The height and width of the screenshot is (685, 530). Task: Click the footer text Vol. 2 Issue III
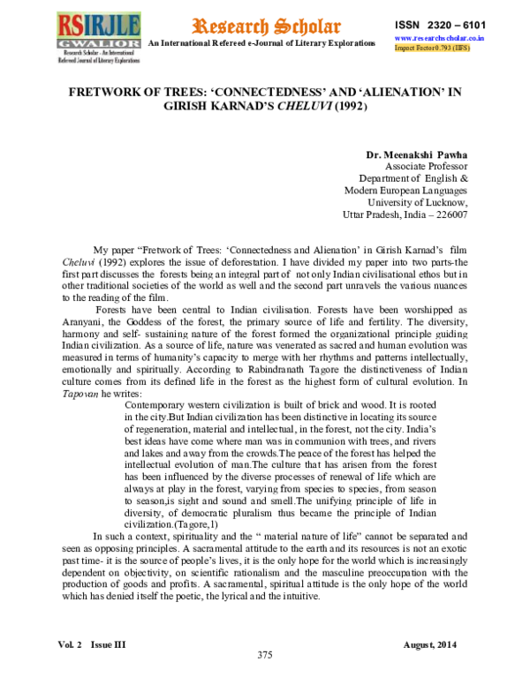[x=92, y=645]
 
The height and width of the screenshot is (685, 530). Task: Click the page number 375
[x=264, y=655]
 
